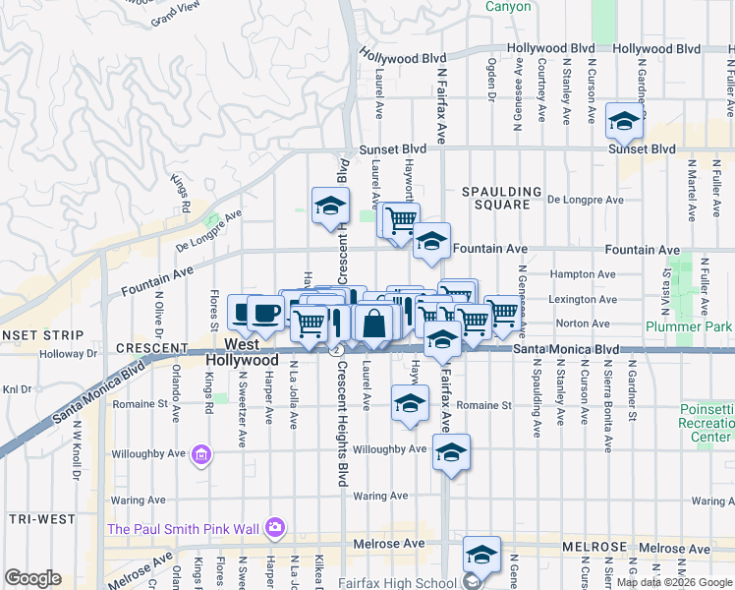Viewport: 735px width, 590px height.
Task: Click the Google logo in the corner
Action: [x=32, y=578]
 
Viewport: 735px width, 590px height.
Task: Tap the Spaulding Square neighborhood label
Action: [x=503, y=198]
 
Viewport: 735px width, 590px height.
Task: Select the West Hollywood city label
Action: [x=242, y=353]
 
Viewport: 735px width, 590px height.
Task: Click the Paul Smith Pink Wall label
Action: [x=184, y=529]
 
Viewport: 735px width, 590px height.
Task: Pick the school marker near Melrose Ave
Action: [x=481, y=555]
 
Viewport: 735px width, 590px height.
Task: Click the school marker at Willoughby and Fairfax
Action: [x=451, y=452]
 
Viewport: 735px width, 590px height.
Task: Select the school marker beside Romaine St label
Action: [x=410, y=402]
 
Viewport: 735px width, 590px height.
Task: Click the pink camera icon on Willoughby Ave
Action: [x=201, y=454]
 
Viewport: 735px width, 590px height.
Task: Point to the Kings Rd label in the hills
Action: [x=179, y=194]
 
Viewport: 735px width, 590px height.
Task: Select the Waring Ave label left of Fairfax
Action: [x=380, y=497]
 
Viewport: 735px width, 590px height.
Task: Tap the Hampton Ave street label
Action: [x=584, y=274]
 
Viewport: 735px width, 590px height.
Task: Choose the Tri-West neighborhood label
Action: [x=35, y=518]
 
